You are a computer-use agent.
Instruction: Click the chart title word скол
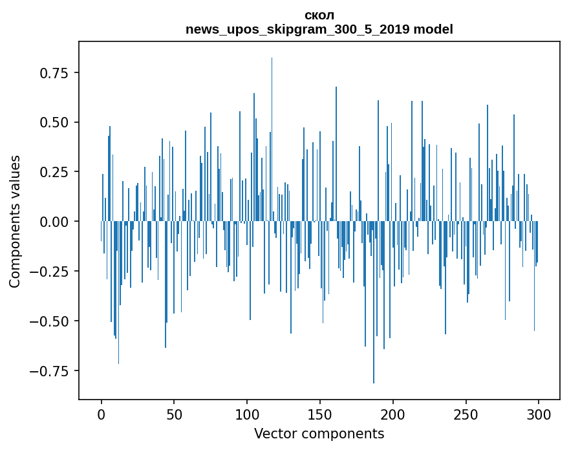click(319, 15)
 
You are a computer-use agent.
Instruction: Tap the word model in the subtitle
click(435, 29)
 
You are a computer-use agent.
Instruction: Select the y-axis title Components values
click(15, 221)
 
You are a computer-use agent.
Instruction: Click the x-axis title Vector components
click(319, 433)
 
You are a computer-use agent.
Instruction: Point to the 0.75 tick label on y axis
click(54, 72)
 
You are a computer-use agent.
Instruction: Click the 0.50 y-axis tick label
click(54, 122)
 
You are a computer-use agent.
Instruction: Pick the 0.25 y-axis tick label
click(54, 172)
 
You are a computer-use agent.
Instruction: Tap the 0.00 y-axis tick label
click(54, 222)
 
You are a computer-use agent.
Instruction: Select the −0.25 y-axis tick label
click(50, 272)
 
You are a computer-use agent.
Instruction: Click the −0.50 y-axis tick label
click(50, 321)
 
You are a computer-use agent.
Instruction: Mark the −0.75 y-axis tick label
click(50, 371)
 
